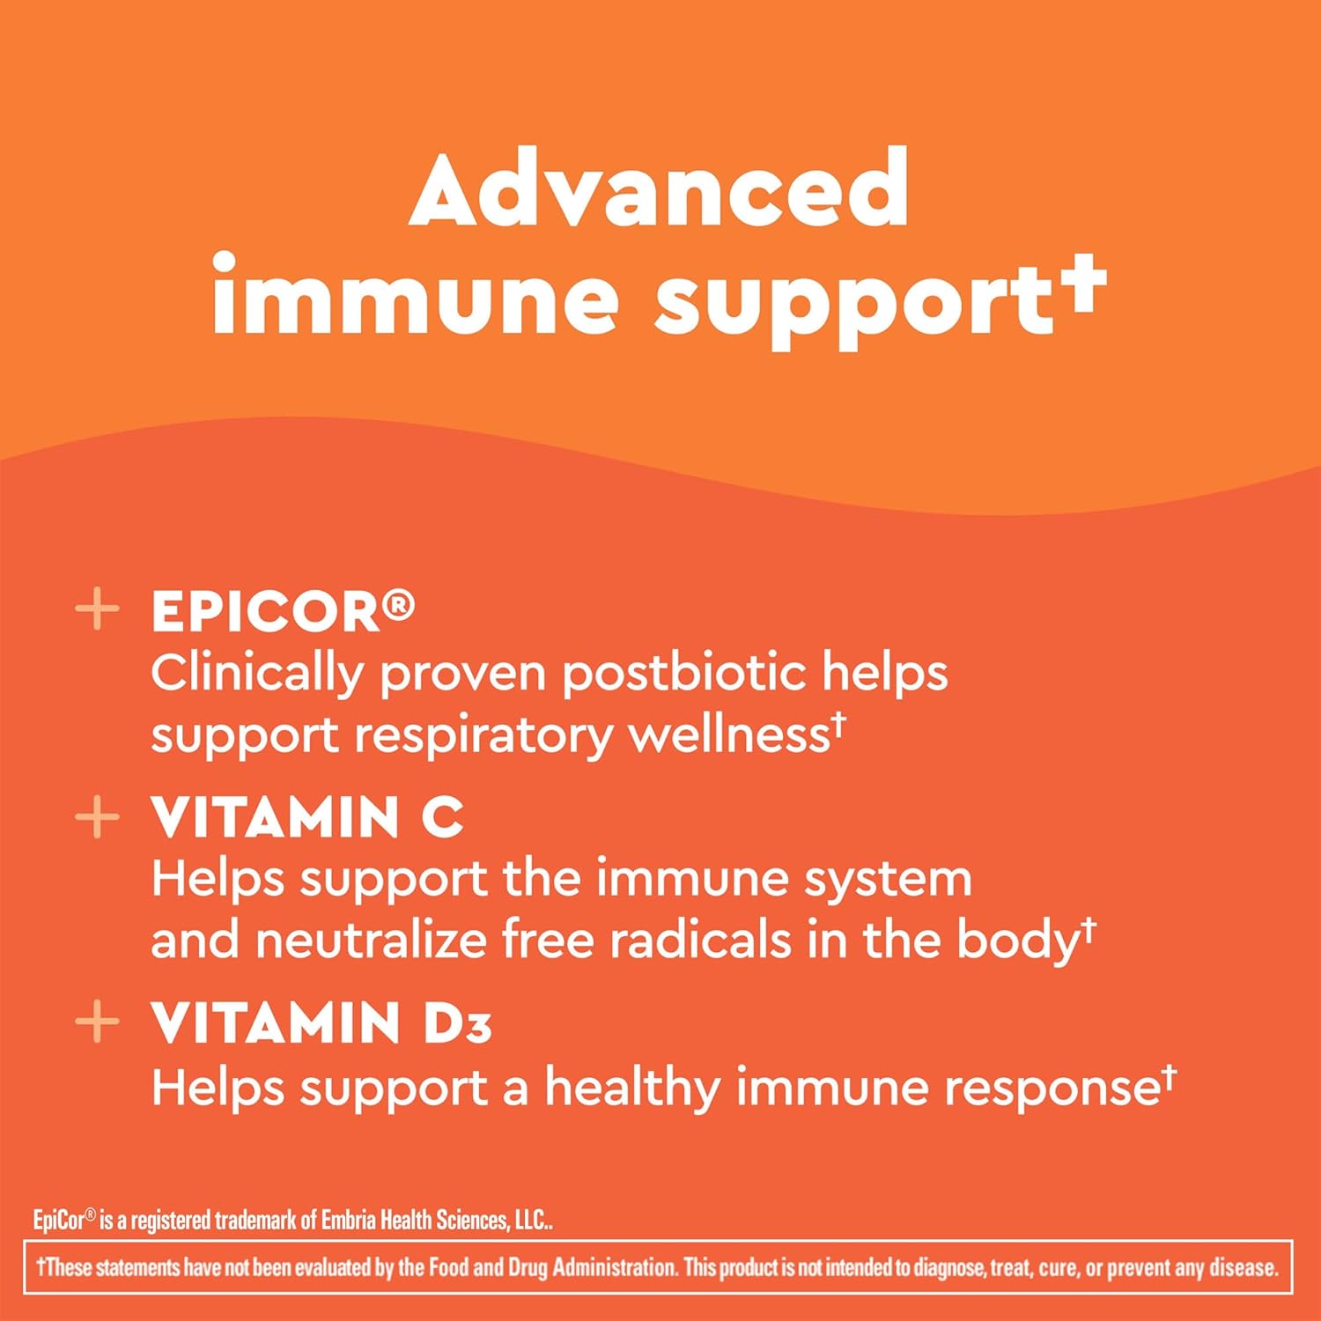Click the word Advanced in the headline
click(659, 189)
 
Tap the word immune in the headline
click(415, 299)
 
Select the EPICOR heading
click(265, 612)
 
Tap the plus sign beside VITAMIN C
click(97, 817)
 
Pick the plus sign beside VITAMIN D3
click(97, 1022)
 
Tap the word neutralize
click(371, 941)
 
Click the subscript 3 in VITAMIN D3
click(478, 1030)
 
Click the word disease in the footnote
click(1242, 1267)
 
